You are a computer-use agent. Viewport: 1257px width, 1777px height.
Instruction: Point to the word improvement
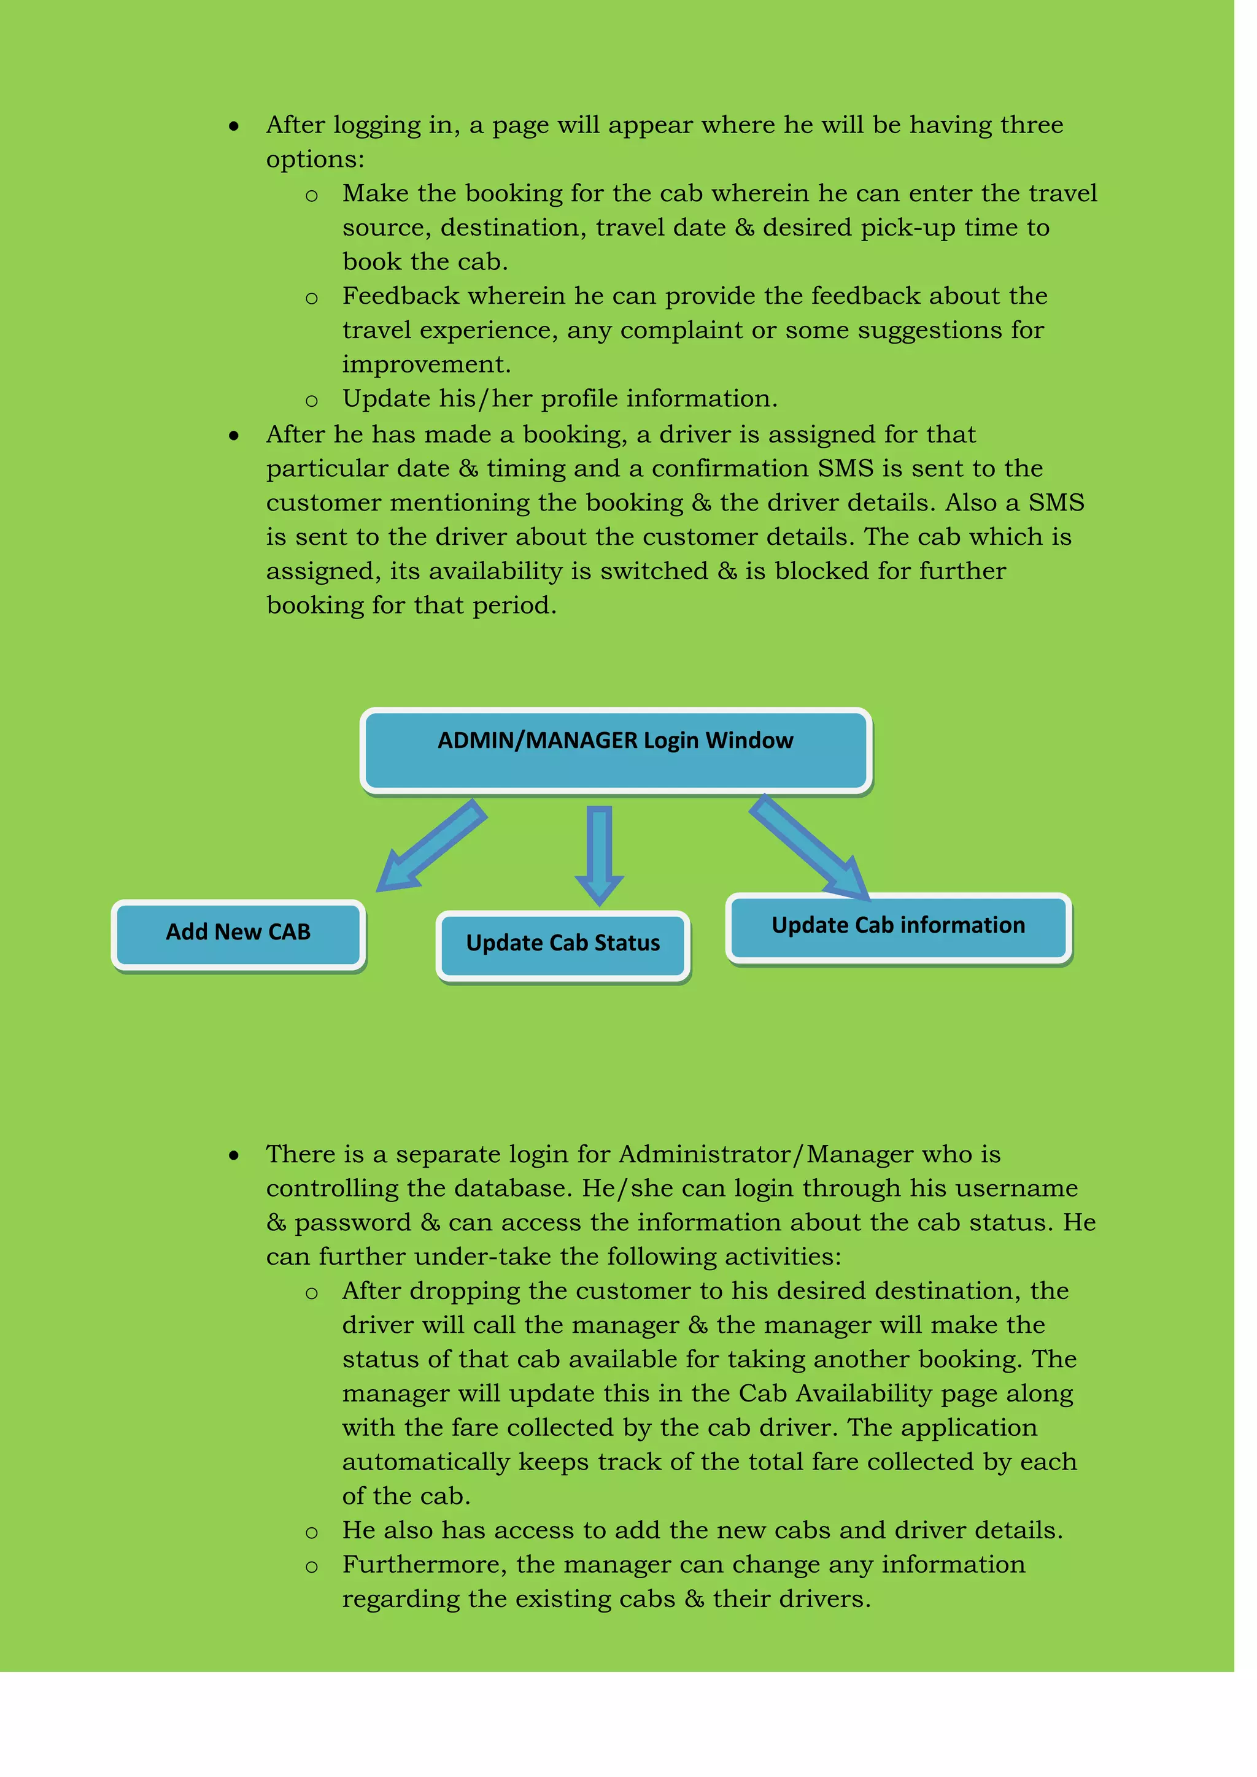click(426, 364)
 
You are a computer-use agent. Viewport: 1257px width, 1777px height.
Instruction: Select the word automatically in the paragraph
click(426, 1462)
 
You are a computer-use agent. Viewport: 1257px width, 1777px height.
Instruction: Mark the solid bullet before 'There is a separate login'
click(234, 1156)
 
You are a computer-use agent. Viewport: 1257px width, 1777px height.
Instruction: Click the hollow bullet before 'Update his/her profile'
click(311, 401)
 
